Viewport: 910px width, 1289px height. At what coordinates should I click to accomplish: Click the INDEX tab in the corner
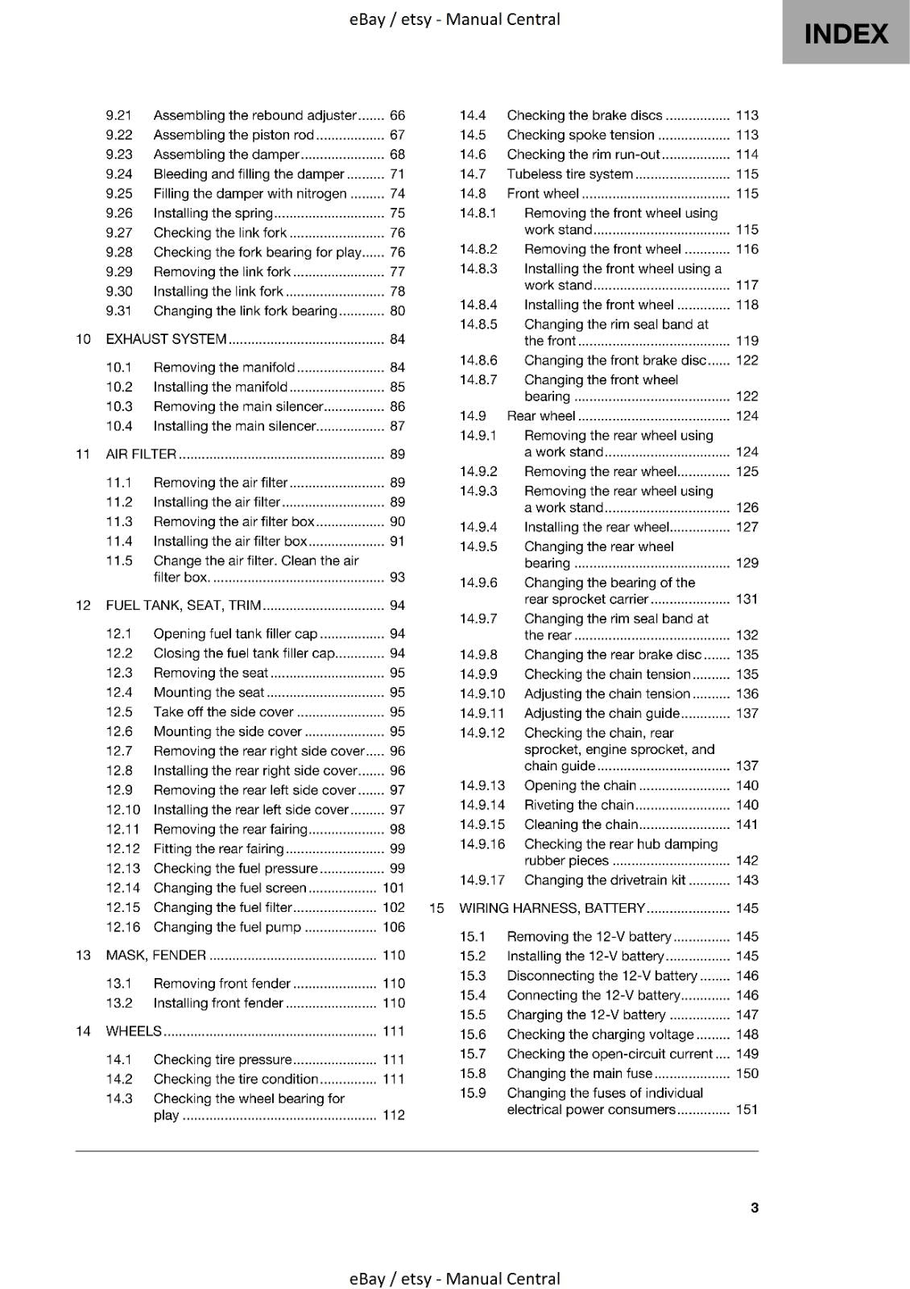[x=846, y=33]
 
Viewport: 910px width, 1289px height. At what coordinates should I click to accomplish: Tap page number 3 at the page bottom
[x=754, y=1207]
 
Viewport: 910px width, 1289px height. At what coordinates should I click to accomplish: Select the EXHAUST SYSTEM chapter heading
[x=166, y=339]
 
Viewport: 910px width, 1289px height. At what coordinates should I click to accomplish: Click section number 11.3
[x=119, y=522]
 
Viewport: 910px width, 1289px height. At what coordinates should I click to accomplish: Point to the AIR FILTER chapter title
[x=141, y=454]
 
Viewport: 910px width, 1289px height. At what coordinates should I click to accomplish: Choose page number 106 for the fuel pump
[x=394, y=927]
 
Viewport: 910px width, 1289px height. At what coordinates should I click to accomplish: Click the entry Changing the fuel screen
[x=230, y=888]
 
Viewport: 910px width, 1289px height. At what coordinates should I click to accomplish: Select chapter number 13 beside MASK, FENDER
[x=83, y=955]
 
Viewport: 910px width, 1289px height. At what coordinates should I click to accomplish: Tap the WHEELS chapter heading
[x=134, y=1031]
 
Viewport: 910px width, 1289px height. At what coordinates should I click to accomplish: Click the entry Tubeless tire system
[x=569, y=174]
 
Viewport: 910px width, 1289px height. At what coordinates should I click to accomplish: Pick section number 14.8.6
[x=478, y=361]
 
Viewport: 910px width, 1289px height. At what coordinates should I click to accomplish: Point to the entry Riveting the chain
[x=579, y=805]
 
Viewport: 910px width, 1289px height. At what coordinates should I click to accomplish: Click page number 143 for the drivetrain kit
[x=747, y=881]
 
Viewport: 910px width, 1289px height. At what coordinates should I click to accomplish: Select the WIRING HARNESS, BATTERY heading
[x=552, y=909]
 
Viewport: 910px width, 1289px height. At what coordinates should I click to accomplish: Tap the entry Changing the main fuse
[x=579, y=1074]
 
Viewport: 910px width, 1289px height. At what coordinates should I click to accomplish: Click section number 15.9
[x=473, y=1093]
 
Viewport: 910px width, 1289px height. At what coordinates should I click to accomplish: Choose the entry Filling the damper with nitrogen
[x=250, y=194]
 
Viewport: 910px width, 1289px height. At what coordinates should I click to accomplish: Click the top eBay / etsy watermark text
[x=454, y=19]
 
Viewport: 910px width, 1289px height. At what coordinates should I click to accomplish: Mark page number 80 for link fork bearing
[x=397, y=311]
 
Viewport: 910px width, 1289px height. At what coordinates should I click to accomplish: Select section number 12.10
[x=122, y=810]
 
